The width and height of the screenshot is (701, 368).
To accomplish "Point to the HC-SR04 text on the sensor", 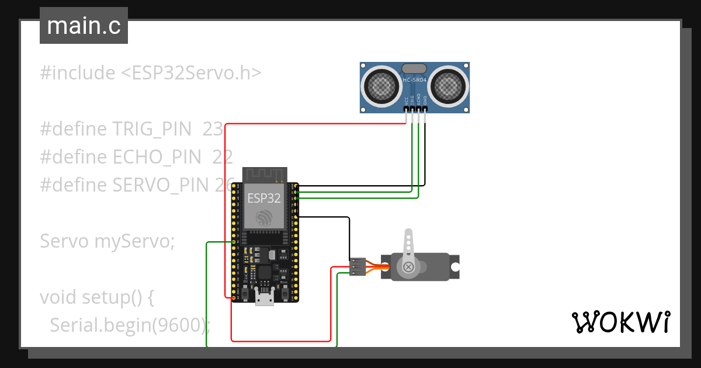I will [415, 79].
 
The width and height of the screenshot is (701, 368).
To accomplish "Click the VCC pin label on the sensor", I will [406, 100].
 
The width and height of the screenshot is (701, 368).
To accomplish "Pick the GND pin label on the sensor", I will [425, 100].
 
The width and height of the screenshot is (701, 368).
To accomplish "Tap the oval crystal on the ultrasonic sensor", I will [415, 69].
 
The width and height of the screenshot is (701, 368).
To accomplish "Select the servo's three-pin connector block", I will [357, 266].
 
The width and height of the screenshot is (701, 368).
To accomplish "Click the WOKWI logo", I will [621, 322].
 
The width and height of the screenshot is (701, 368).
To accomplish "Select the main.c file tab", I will [84, 26].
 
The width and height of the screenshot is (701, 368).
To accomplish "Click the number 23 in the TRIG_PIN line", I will [213, 129].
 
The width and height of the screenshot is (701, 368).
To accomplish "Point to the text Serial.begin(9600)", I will [130, 325].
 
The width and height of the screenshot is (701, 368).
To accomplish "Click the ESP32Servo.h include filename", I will [191, 73].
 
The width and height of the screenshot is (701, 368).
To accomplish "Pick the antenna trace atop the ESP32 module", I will [265, 174].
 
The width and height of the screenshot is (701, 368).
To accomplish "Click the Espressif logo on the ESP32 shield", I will [265, 218].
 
